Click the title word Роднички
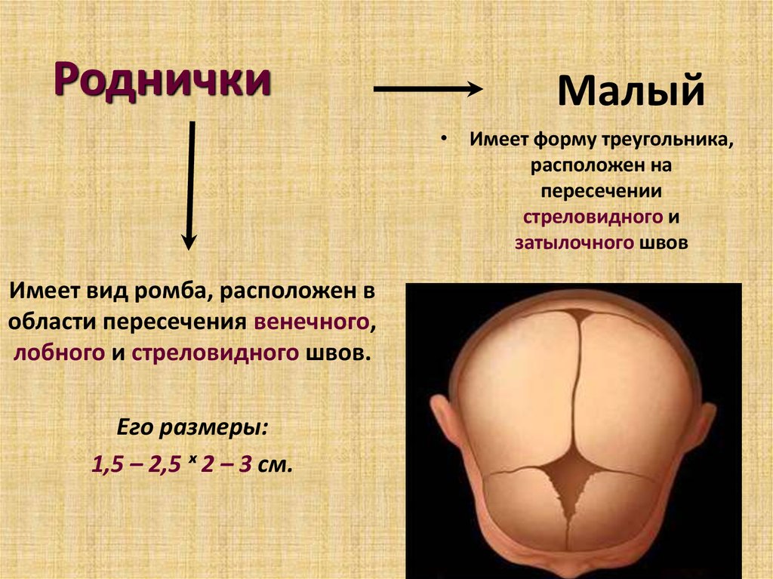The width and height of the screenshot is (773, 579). click(162, 79)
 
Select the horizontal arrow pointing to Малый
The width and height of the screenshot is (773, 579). click(428, 89)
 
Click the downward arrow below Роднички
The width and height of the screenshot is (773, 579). click(189, 186)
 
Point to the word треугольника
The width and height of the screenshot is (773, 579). click(668, 140)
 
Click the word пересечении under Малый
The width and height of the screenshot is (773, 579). click(601, 191)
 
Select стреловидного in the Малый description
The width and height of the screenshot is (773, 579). click(593, 217)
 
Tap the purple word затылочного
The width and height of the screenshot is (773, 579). click(574, 242)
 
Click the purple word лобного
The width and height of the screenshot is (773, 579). click(59, 353)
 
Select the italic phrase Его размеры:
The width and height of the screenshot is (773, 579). click(192, 427)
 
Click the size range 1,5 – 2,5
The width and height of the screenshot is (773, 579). click(137, 464)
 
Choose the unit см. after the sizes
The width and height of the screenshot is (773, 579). click(275, 465)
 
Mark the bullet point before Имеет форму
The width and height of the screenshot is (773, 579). click(444, 140)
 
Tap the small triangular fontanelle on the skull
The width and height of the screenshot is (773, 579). click(579, 315)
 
